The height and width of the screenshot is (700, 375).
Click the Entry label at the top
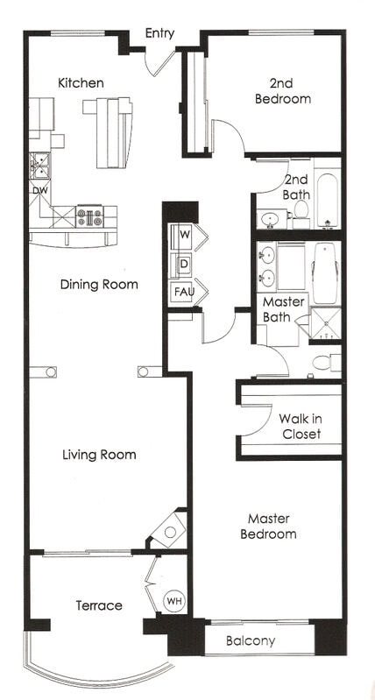159,33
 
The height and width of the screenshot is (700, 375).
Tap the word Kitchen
81,83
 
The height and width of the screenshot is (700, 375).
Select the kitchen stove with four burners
90,216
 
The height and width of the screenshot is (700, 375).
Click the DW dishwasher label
39,190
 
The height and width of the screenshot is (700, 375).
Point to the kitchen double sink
39,164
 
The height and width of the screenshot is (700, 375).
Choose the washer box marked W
185,235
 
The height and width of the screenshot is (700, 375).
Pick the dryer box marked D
185,263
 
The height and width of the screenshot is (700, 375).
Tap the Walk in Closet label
300,426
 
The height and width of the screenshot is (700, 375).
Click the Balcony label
251,641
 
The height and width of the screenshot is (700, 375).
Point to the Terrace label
98,605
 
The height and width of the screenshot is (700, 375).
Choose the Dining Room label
99,285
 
